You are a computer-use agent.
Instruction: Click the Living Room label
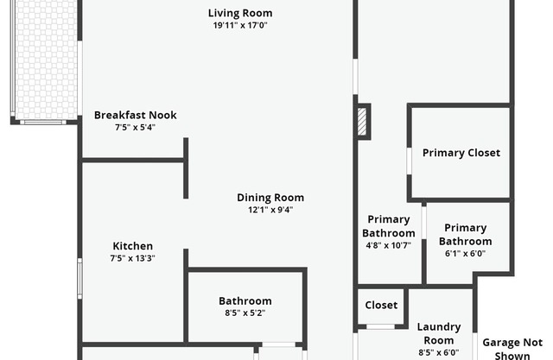click(x=240, y=13)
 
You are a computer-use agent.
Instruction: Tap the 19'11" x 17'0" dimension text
click(x=240, y=25)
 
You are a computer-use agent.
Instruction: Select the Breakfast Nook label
click(x=136, y=115)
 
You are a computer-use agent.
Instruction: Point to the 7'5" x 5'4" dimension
click(x=135, y=127)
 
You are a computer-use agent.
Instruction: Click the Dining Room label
click(x=270, y=198)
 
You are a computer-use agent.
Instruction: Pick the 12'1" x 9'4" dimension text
click(x=270, y=210)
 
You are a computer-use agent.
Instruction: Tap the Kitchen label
click(x=132, y=246)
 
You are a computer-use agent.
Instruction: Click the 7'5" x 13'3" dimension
click(x=132, y=258)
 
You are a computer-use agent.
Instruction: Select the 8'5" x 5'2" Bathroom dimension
click(x=245, y=313)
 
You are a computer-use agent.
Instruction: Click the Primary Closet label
click(x=461, y=153)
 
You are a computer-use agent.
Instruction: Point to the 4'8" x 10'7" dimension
click(x=388, y=245)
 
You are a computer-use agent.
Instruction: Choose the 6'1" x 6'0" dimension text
click(x=465, y=253)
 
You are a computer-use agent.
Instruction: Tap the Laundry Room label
click(x=439, y=333)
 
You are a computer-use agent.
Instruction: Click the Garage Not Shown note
click(x=512, y=349)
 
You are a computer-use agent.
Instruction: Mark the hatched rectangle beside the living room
click(x=362, y=122)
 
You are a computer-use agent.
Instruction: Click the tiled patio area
click(x=46, y=60)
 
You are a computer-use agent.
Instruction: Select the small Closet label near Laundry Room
click(x=381, y=305)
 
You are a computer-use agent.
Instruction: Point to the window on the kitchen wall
click(x=80, y=278)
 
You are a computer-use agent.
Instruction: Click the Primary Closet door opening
click(x=409, y=161)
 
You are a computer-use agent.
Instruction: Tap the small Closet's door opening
click(x=380, y=327)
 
